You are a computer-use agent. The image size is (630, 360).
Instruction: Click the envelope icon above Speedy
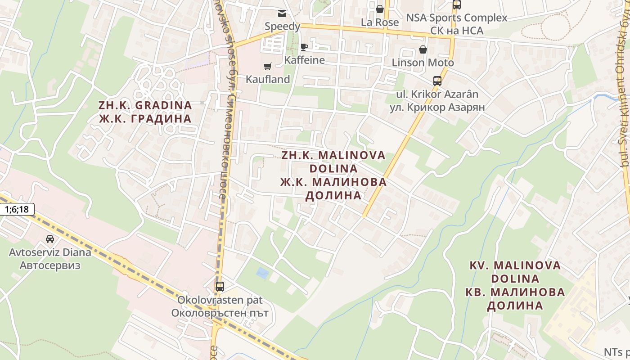tap(282, 13)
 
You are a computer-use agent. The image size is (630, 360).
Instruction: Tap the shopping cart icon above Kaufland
tap(268, 67)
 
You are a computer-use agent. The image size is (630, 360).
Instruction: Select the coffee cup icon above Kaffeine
tap(304, 47)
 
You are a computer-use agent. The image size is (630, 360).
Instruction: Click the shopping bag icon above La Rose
tap(380, 9)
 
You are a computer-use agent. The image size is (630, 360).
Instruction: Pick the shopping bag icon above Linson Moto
tap(423, 49)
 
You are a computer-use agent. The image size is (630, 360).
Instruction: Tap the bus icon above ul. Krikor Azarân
tap(437, 81)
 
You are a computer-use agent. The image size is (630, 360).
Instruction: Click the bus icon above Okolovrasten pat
tap(220, 287)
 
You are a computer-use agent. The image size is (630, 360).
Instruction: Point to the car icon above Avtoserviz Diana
tap(50, 239)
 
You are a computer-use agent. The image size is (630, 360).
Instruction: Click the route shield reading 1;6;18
tap(17, 209)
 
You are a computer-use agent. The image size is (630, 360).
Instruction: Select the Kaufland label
tap(268, 79)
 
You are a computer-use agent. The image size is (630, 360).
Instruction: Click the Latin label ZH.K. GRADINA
tap(145, 105)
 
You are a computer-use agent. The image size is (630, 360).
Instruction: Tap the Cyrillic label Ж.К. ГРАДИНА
tap(145, 119)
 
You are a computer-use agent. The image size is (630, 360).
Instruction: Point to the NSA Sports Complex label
tap(457, 18)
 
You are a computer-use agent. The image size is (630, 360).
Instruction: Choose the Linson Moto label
tap(423, 63)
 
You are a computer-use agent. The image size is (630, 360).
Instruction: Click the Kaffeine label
tap(305, 60)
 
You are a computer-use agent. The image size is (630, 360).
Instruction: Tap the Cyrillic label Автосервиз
tap(50, 265)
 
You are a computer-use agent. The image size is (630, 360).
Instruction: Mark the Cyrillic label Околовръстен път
tap(220, 313)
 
